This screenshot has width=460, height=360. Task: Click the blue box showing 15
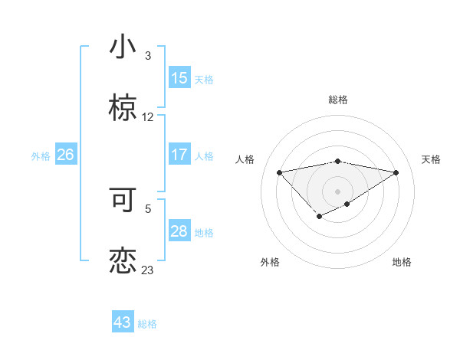[179, 78]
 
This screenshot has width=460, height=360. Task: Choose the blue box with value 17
[179, 155]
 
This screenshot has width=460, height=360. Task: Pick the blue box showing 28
[179, 231]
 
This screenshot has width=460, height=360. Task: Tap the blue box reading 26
[65, 155]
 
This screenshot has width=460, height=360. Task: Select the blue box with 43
[123, 322]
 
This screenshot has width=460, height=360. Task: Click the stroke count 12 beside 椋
[148, 117]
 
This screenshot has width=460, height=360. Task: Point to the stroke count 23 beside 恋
[148, 270]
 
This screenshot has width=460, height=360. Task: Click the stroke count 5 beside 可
[148, 208]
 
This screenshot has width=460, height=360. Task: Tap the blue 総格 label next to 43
[147, 324]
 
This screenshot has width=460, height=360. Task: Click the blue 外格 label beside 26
[41, 156]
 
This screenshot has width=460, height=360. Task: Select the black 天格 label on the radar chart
[431, 159]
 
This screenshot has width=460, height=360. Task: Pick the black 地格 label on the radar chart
[402, 262]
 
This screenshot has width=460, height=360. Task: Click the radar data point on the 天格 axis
[396, 172]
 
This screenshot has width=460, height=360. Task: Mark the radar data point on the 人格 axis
[279, 172]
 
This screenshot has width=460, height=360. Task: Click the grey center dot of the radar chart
[338, 191]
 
